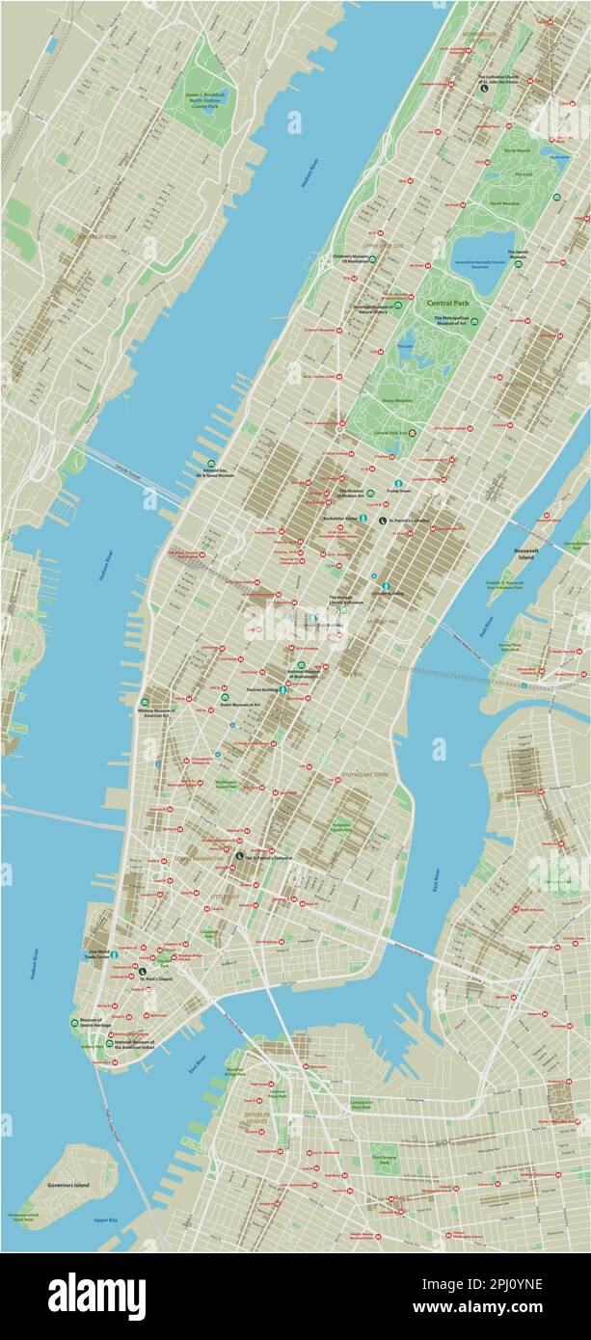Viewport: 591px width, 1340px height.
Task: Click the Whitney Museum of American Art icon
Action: pos(145,703)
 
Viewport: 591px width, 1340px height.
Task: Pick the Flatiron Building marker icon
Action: pos(282,690)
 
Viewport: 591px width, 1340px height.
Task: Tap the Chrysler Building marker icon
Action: pos(387,585)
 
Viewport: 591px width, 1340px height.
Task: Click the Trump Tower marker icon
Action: pos(395,483)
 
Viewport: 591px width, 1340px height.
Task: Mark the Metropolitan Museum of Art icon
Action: pos(474,321)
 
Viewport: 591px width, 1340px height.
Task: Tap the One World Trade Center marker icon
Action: pos(114,954)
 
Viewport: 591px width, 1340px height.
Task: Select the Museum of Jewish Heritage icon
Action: pos(74,1022)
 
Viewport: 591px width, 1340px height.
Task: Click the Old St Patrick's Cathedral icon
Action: pos(239,856)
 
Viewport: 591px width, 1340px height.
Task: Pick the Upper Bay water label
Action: pos(105,1220)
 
